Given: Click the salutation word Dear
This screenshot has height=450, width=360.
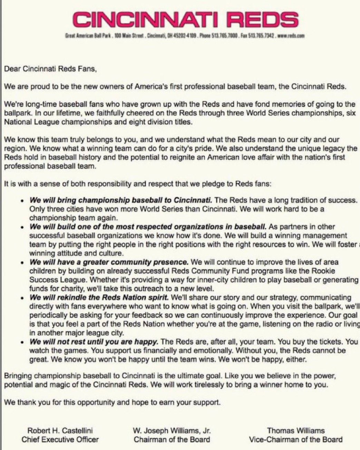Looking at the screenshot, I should coord(12,69).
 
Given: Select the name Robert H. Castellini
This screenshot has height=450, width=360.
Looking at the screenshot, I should coord(60,431).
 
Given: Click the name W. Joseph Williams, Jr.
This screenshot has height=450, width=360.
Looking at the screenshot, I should coord(172,431).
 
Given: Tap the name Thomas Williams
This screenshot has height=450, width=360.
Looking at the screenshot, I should coord(296,431).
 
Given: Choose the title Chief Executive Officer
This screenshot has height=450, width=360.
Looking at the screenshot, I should coord(60,440).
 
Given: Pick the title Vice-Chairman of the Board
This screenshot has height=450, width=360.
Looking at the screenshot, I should coord(296,440).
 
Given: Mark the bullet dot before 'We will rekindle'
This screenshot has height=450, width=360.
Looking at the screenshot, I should coord(22,298).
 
